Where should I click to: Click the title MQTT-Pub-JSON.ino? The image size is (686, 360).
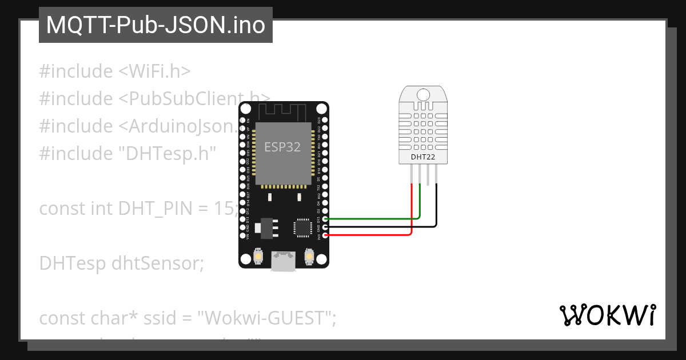tap(155, 26)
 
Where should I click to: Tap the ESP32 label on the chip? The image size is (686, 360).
tap(282, 147)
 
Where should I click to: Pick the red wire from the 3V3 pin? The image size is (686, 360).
tap(372, 235)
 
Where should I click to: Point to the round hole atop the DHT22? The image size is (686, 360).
tap(424, 94)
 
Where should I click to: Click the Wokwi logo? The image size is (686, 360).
tap(607, 315)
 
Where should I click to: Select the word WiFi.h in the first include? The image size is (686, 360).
tap(155, 71)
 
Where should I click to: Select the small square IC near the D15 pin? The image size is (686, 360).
tap(301, 227)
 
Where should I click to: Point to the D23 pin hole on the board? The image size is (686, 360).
tap(325, 120)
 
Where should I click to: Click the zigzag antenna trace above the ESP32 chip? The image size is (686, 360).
tap(284, 111)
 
